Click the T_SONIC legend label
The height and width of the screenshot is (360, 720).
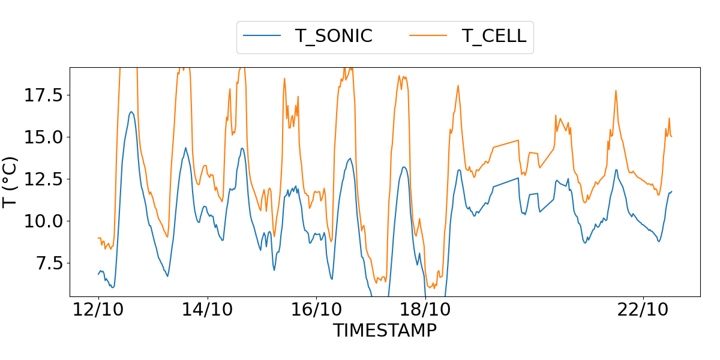click(334, 36)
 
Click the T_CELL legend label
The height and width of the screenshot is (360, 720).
click(494, 36)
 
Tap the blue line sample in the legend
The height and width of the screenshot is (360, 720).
click(262, 36)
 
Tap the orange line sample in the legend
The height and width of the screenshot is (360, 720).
click(428, 36)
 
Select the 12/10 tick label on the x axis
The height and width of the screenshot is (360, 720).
click(98, 310)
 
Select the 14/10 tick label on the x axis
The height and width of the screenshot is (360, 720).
click(208, 310)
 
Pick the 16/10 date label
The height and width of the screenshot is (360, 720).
click(316, 310)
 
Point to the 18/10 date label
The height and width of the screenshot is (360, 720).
click(425, 310)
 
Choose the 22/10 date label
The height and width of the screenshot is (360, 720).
click(643, 310)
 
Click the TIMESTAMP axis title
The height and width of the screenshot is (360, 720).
click(385, 331)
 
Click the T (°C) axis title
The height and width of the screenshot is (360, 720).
click(11, 182)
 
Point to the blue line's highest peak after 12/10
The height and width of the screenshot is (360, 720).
click(131, 112)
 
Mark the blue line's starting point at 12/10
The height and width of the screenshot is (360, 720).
click(98, 274)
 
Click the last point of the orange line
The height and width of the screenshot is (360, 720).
click(671, 137)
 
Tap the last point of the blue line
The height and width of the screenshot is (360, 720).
click(671, 191)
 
